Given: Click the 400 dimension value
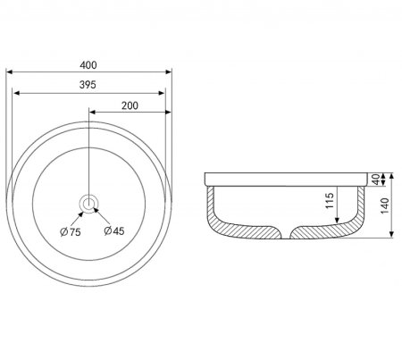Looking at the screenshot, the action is click(88, 65).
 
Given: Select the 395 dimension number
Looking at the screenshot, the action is click(88, 85).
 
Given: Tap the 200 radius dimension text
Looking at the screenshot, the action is click(130, 105).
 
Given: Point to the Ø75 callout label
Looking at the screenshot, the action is click(71, 232).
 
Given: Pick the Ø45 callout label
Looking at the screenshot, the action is click(114, 230).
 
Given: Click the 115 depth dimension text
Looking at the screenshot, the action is click(330, 201).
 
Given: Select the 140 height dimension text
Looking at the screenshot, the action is click(385, 205).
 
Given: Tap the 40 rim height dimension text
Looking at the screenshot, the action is click(376, 180).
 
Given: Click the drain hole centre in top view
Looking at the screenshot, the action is click(88, 204).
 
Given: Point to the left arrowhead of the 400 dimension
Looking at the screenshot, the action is click(9, 71).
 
